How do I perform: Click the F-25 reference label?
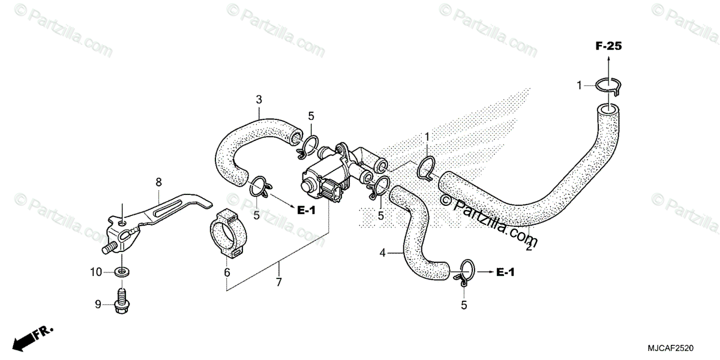click(608, 46)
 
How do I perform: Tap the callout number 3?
click(259, 100)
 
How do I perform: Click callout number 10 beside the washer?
click(96, 272)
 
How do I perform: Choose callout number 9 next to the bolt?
click(97, 305)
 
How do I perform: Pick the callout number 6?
click(227, 272)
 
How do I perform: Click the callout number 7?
click(278, 281)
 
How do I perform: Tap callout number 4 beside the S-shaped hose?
click(382, 254)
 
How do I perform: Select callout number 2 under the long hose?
click(529, 247)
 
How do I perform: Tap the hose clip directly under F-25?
click(608, 86)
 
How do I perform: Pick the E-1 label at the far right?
click(505, 273)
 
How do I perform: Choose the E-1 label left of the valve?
click(305, 209)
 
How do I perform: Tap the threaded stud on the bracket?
click(108, 246)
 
